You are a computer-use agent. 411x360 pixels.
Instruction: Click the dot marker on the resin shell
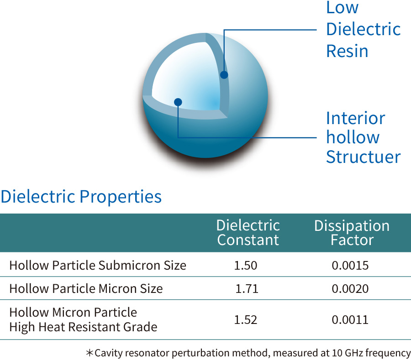pyautogui.click(x=224, y=75)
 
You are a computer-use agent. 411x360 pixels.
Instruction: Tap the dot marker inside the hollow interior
pyautogui.click(x=178, y=102)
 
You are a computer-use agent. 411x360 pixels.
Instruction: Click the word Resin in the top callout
pyautogui.click(x=348, y=51)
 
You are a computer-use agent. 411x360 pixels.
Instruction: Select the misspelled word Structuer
pyautogui.click(x=364, y=157)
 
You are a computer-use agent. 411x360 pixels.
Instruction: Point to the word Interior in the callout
pyautogui.click(x=356, y=118)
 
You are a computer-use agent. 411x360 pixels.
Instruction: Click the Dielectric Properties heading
pyautogui.click(x=81, y=197)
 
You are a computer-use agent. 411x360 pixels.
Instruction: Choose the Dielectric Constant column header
pyautogui.click(x=248, y=233)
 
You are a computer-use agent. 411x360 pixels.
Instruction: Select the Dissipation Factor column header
pyautogui.click(x=352, y=233)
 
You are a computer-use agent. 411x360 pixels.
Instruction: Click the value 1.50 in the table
pyautogui.click(x=246, y=266)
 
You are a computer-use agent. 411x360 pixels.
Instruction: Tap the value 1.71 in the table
pyautogui.click(x=247, y=289)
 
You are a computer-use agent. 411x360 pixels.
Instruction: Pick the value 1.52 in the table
pyautogui.click(x=246, y=320)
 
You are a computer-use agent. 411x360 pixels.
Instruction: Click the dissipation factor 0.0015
pyautogui.click(x=350, y=266)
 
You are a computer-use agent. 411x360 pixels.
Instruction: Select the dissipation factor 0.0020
pyautogui.click(x=350, y=289)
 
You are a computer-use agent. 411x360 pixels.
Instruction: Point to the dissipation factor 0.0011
pyautogui.click(x=350, y=320)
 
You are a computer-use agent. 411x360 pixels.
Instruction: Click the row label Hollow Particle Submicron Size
pyautogui.click(x=98, y=266)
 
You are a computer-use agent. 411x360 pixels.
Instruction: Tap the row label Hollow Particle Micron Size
pyautogui.click(x=86, y=289)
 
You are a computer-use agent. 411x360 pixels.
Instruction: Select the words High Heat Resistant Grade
pyautogui.click(x=84, y=327)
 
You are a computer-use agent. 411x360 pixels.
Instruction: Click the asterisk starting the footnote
pyautogui.click(x=90, y=353)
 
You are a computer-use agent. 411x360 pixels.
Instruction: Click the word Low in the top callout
pyautogui.click(x=342, y=7)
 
